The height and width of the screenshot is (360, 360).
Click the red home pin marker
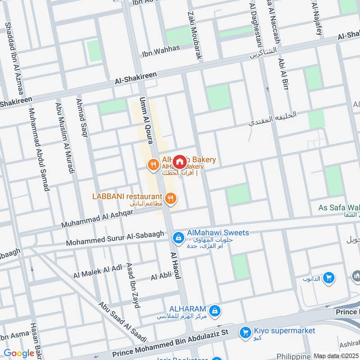click(180, 162)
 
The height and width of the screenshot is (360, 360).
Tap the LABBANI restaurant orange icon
click(170, 198)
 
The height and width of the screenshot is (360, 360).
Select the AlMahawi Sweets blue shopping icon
click(178, 237)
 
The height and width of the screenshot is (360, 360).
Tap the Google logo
click(19, 353)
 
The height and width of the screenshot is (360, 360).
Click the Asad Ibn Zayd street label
click(133, 286)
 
